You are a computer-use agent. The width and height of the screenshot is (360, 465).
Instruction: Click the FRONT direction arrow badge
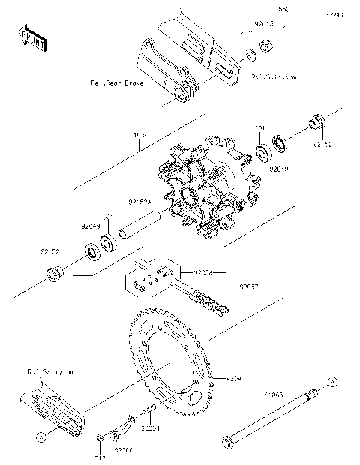[31, 37]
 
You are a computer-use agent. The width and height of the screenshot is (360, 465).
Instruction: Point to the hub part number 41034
[139, 136]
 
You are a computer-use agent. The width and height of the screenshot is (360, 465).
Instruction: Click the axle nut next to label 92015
[265, 47]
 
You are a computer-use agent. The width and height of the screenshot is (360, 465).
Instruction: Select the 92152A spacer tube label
[139, 202]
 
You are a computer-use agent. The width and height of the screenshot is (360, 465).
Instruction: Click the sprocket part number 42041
[235, 378]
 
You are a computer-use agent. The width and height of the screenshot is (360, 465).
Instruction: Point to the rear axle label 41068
[272, 393]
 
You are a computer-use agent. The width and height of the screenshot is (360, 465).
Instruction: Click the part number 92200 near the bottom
[124, 451]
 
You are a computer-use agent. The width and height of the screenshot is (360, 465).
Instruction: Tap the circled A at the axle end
[328, 382]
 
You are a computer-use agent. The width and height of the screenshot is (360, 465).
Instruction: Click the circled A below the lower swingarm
[41, 434]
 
